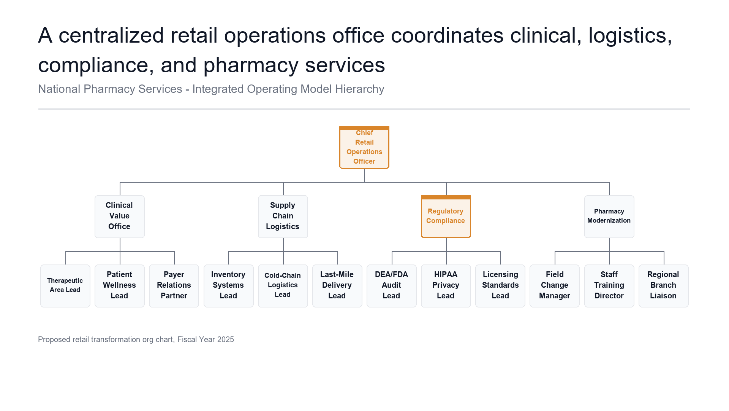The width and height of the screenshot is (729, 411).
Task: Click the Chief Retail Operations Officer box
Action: pos(364,147)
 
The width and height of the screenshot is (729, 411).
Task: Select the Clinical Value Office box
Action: pos(120,217)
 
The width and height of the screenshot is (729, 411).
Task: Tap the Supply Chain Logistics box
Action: pos(283,217)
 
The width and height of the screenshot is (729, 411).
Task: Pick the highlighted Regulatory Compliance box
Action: pos(446,217)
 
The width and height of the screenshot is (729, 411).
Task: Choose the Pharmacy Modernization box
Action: pos(609,217)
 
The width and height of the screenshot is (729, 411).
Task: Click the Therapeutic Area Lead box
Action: pos(65,286)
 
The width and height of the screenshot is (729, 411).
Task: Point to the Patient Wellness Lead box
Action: pos(120,286)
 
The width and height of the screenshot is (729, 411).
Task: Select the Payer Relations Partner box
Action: pos(174,286)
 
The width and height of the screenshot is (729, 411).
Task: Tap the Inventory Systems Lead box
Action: pos(229,286)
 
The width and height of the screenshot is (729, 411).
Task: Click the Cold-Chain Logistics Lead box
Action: pos(283,286)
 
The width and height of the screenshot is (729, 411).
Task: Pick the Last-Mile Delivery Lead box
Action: pos(337,286)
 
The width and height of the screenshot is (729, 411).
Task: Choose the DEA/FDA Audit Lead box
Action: pos(392,286)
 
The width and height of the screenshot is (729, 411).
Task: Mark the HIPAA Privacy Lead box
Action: pos(446,286)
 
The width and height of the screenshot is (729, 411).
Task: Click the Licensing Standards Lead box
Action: pos(500,286)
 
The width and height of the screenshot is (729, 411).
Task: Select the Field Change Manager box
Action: pos(555,286)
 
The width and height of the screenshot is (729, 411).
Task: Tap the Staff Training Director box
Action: pos(609,286)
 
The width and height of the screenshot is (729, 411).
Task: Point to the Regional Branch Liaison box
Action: pos(664,286)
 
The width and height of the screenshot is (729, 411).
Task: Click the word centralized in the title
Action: pos(111,35)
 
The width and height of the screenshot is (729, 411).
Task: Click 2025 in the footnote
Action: pos(226,339)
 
